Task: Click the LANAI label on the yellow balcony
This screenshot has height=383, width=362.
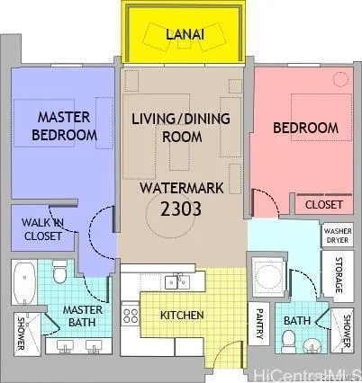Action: (186, 34)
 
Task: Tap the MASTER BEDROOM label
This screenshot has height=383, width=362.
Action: (64, 126)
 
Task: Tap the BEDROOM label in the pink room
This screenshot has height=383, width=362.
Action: (305, 129)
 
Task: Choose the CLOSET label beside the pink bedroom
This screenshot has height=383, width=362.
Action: (323, 205)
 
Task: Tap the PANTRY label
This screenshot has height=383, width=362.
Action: (258, 325)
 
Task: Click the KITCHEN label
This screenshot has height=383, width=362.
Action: (183, 316)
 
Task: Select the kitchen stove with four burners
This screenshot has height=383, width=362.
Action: (131, 316)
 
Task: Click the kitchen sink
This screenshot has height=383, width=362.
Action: (177, 282)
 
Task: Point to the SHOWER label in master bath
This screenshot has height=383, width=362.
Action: (22, 333)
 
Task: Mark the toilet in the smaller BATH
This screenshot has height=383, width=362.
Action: (290, 340)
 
